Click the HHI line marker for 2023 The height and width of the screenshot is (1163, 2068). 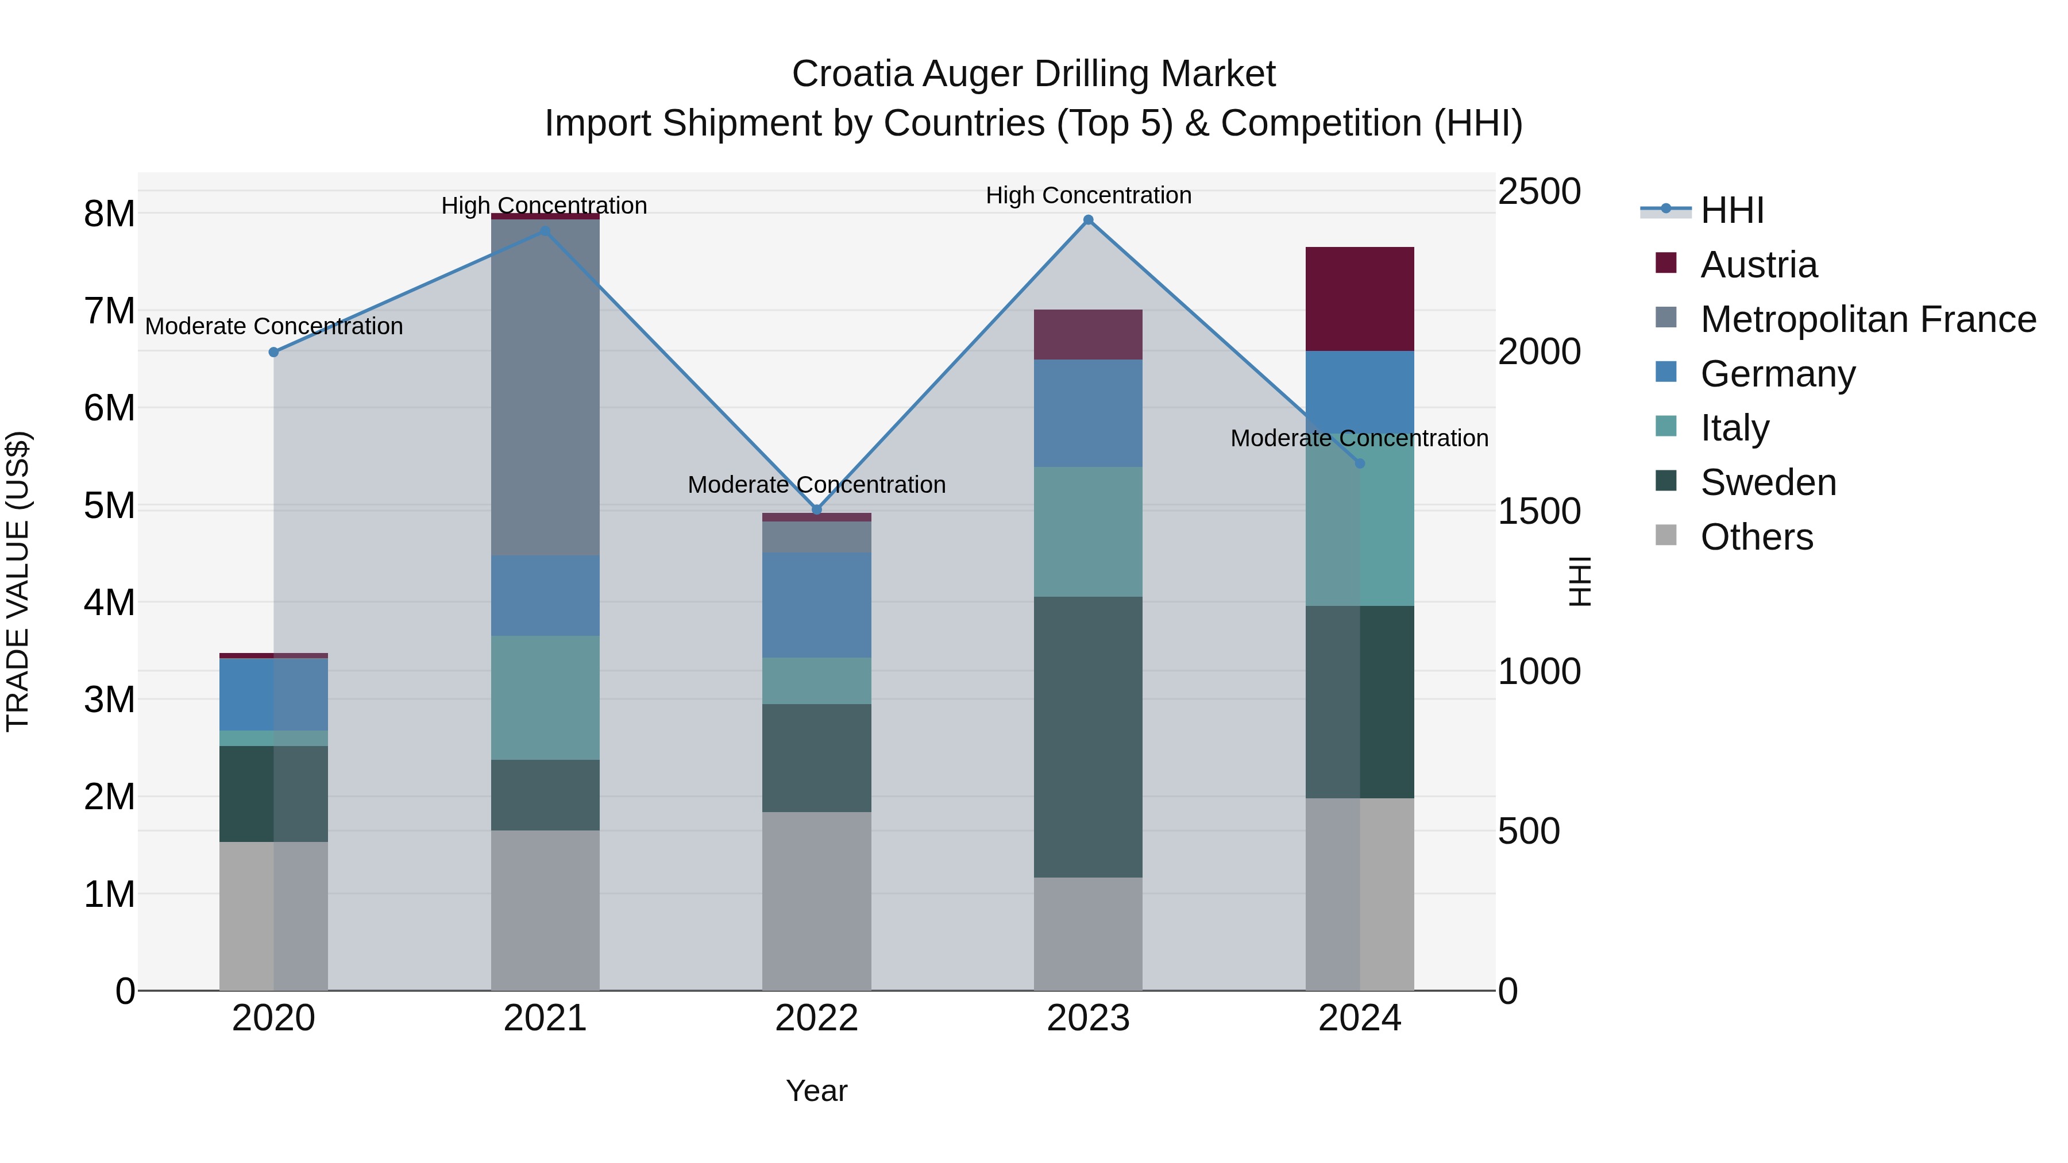(1088, 220)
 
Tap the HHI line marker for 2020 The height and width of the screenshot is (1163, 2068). (274, 351)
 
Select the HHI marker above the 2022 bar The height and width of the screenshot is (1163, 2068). (816, 509)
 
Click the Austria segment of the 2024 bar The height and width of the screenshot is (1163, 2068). (1359, 299)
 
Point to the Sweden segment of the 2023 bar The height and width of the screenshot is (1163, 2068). (1088, 736)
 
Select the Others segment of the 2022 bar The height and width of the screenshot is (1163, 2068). (816, 901)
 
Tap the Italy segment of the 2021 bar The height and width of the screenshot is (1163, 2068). (545, 697)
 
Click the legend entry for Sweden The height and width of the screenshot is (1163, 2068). (1767, 482)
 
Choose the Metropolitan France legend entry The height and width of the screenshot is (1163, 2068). (1866, 319)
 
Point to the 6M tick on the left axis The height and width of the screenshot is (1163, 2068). (109, 408)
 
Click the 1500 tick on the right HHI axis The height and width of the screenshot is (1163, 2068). (1539, 511)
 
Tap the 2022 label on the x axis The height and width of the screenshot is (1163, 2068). (816, 1018)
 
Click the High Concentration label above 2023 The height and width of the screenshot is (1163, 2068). (1088, 195)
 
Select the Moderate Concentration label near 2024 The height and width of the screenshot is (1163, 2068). (1359, 438)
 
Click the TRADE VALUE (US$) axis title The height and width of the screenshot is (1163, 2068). (18, 581)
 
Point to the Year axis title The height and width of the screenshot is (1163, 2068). (816, 1091)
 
